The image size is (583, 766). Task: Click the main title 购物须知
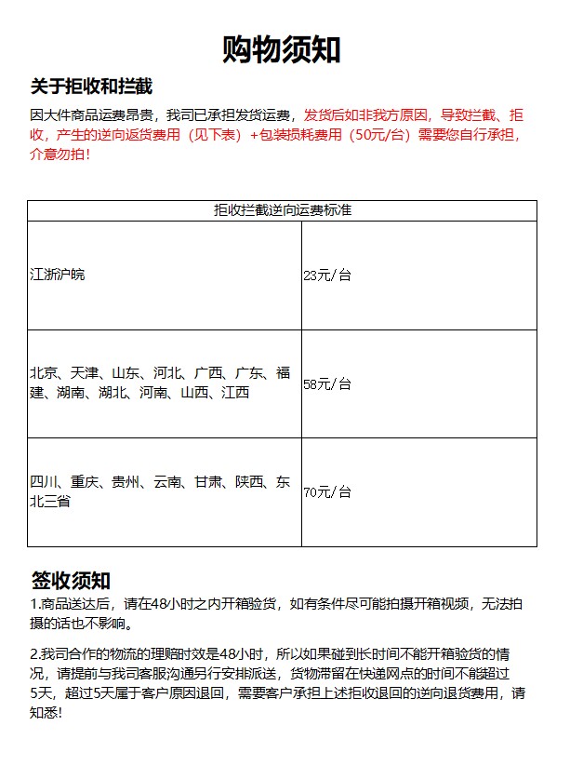(x=282, y=50)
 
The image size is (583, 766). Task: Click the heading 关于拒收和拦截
(x=91, y=87)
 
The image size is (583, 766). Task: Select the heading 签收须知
(x=72, y=581)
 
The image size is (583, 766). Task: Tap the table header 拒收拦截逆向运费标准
(x=282, y=210)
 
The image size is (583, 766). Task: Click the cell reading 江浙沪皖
(x=58, y=275)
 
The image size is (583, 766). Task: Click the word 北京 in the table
(x=44, y=373)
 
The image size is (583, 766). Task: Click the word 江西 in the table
(x=235, y=393)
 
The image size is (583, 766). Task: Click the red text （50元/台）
(x=373, y=135)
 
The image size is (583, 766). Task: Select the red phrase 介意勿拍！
(x=61, y=154)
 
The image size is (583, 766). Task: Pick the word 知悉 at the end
(x=44, y=713)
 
